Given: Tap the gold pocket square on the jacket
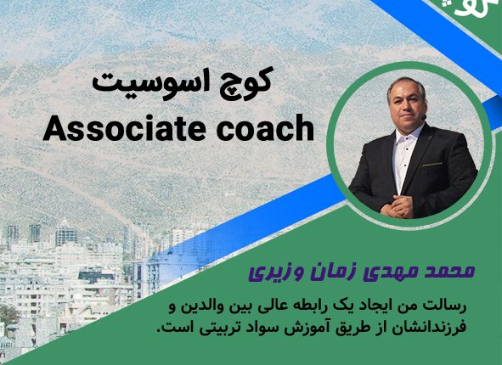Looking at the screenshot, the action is click(x=431, y=165).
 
